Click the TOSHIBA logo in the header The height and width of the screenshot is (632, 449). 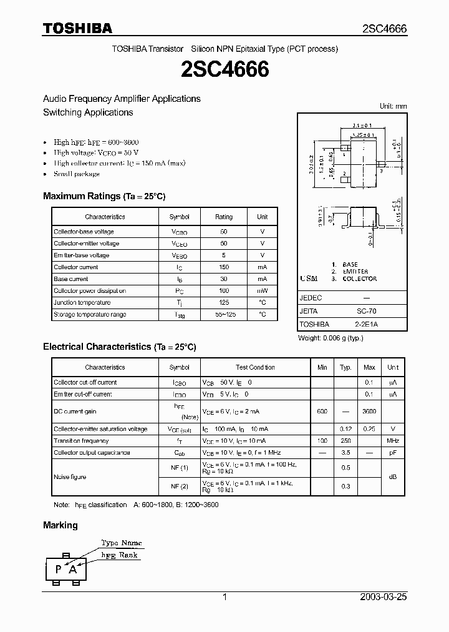[x=77, y=28]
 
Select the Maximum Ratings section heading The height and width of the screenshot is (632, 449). [x=104, y=196]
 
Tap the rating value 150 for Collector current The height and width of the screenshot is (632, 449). [x=223, y=267]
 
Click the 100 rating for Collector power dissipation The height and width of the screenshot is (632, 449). [x=223, y=291]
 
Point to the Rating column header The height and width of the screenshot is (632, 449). [x=223, y=217]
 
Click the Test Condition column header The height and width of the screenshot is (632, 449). [x=255, y=367]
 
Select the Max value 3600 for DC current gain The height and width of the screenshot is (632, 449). [x=369, y=412]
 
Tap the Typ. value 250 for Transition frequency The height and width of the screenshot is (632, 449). [x=345, y=441]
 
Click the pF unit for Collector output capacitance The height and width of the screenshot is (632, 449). [x=393, y=453]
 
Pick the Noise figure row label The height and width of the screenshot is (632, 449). [x=70, y=477]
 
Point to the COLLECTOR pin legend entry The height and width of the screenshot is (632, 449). [x=360, y=279]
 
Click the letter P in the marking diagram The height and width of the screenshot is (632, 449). [x=59, y=568]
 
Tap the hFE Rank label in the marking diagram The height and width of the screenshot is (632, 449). [x=120, y=555]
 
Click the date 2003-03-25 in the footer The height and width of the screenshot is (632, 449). [x=384, y=597]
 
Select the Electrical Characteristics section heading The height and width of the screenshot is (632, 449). [x=119, y=347]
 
